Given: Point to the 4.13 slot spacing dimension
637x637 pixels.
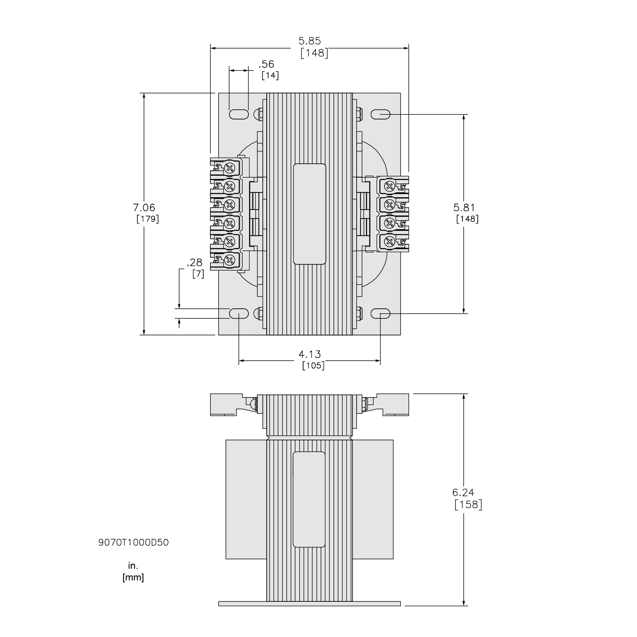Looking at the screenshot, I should pyautogui.click(x=309, y=354).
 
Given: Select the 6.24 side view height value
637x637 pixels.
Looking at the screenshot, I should pyautogui.click(x=463, y=493).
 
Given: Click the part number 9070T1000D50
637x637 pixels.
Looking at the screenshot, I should pyautogui.click(x=134, y=543).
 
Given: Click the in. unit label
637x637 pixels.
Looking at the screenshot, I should pyautogui.click(x=133, y=566).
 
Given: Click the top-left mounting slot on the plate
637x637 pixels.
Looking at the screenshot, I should pyautogui.click(x=239, y=114).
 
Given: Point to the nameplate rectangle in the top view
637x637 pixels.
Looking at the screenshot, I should pyautogui.click(x=309, y=214).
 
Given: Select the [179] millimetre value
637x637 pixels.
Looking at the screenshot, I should pyautogui.click(x=148, y=219).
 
